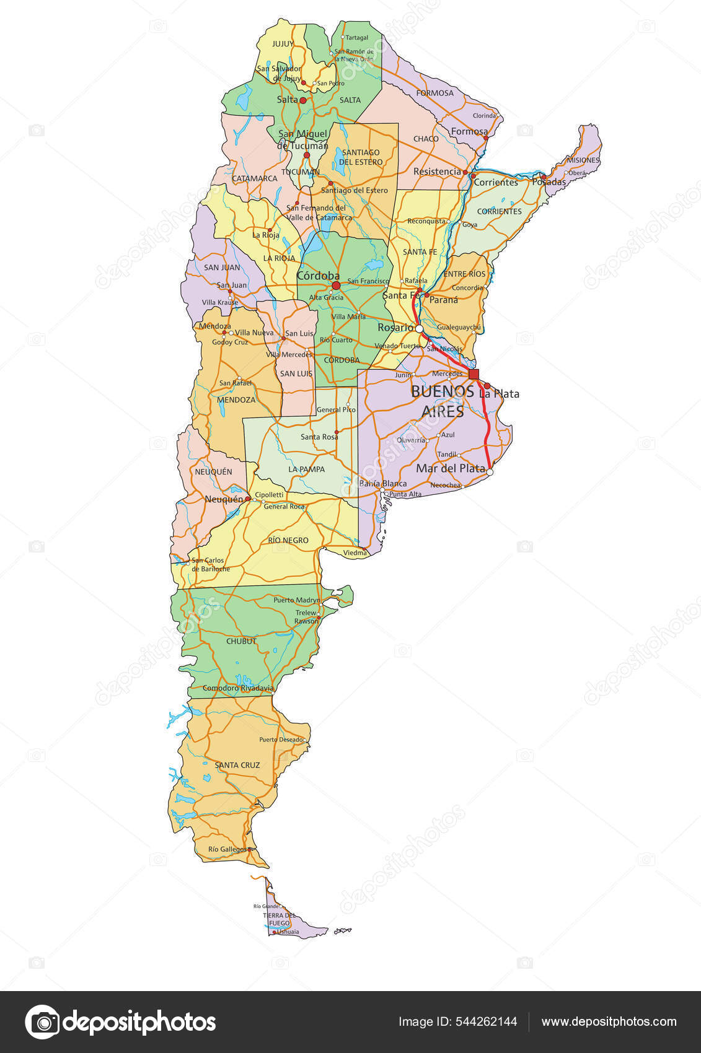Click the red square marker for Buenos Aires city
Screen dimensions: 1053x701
[474, 374]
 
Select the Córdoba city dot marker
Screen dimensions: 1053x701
[336, 286]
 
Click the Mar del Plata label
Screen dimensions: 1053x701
[450, 468]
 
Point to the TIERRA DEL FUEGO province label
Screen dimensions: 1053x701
[279, 919]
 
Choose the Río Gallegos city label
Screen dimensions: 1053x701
[227, 849]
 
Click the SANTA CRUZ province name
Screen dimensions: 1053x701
[237, 765]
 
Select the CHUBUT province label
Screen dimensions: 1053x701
[241, 641]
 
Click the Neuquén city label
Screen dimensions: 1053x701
[224, 499]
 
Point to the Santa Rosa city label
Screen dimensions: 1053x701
[319, 437]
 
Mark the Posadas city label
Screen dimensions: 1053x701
[549, 182]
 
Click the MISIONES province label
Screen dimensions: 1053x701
[583, 160]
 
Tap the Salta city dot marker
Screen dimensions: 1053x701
[303, 100]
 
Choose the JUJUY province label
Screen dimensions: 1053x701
[283, 44]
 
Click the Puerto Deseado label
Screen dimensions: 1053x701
[281, 740]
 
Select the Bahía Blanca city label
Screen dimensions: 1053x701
[383, 484]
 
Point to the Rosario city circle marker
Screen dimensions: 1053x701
[419, 329]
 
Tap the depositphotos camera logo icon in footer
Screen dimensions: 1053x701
[42, 1022]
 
